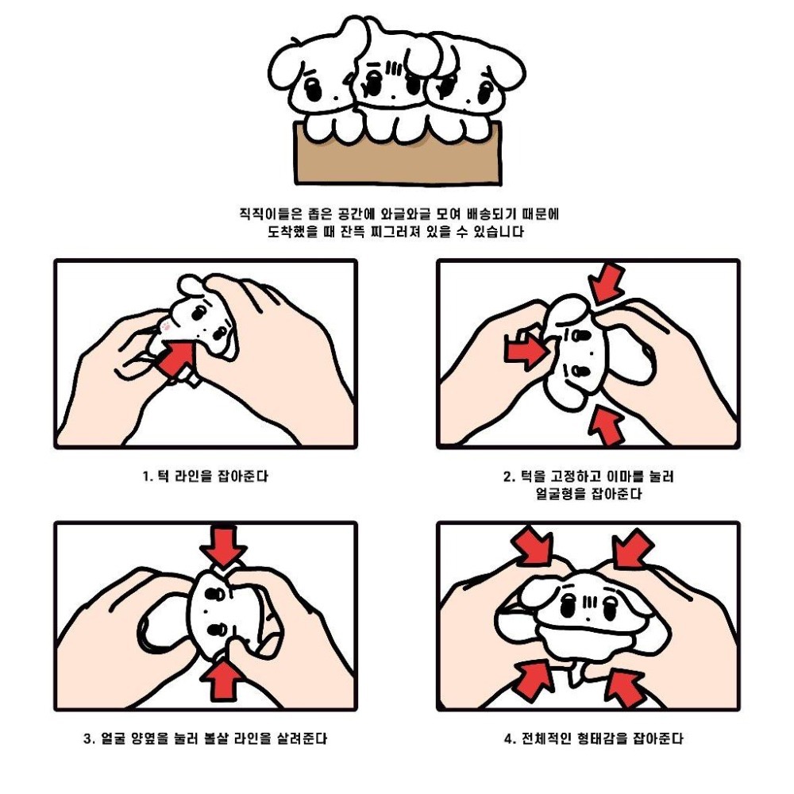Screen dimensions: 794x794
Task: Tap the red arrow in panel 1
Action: pos(177,357)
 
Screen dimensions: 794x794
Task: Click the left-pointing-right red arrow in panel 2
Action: pos(526,350)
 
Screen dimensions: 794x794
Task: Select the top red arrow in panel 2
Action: pos(608,283)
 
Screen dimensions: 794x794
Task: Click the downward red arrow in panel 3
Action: pos(223,546)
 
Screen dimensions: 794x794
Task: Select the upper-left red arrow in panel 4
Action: pos(532,545)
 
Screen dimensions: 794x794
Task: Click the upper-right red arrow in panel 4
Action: pos(633,548)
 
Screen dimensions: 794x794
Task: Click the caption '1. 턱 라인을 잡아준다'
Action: pos(205,476)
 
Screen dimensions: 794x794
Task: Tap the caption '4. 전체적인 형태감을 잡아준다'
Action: pos(593,738)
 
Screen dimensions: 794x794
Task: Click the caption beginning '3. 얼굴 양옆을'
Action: pos(205,738)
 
